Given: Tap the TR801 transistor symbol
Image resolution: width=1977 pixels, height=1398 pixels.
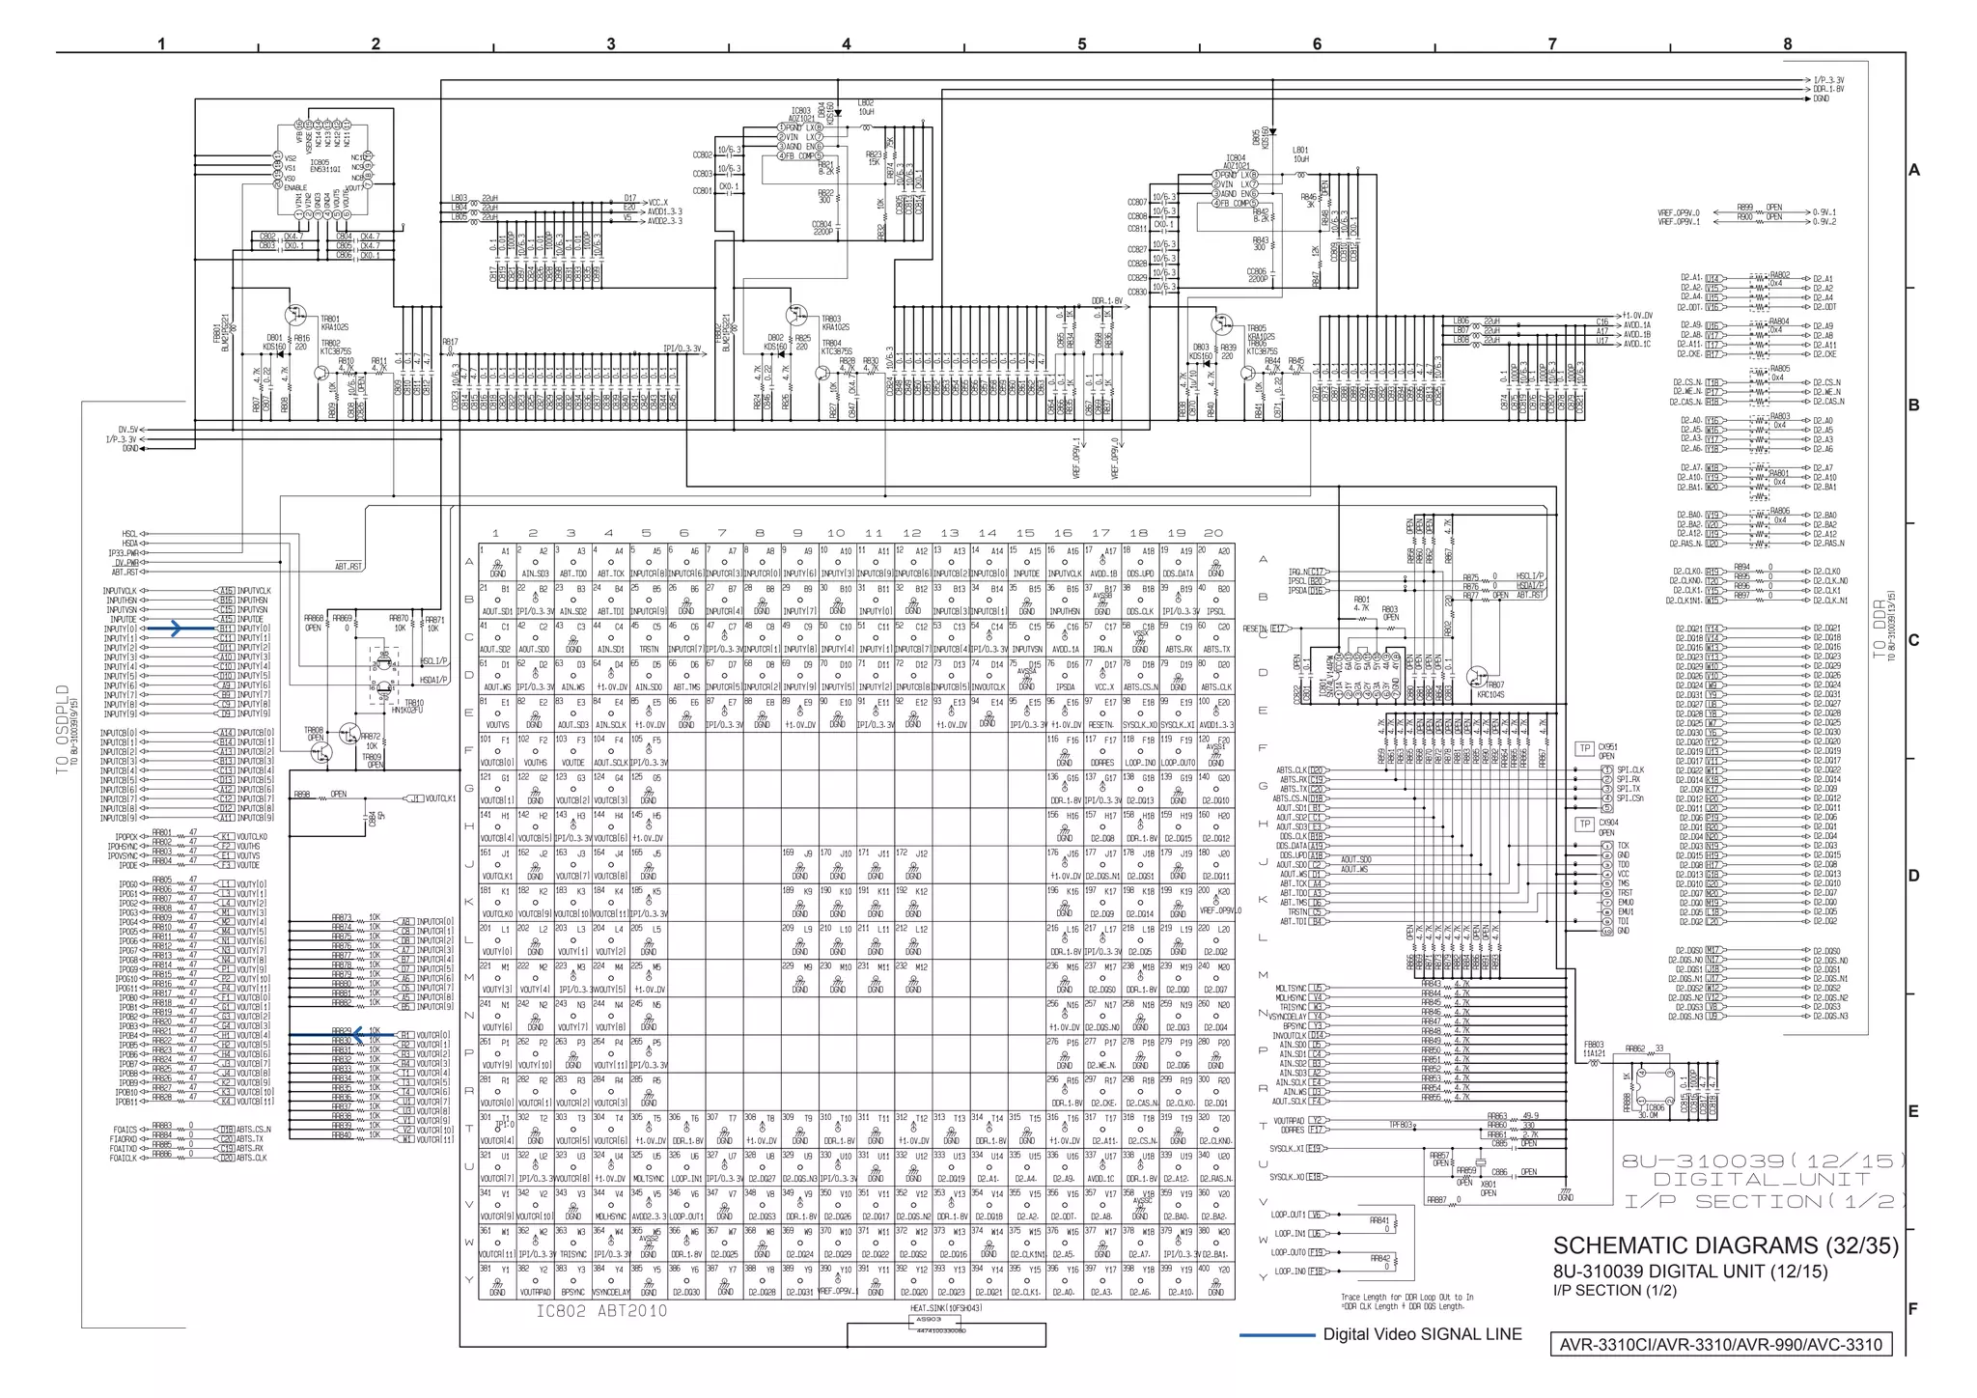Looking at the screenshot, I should (294, 315).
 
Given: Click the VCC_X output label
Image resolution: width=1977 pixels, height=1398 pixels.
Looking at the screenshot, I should (658, 202).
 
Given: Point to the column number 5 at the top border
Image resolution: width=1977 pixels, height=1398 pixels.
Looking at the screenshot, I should (1081, 43).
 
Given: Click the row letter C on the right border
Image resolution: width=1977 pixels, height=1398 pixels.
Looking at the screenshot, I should (1913, 641).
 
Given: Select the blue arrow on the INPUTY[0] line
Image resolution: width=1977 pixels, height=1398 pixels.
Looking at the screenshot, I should (174, 629).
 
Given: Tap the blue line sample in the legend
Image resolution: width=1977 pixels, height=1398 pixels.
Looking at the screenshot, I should (1276, 1335).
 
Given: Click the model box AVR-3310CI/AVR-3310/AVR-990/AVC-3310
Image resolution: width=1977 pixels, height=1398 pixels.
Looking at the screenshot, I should (1720, 1344).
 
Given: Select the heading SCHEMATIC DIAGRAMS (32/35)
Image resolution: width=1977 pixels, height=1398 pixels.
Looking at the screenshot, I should (1725, 1245).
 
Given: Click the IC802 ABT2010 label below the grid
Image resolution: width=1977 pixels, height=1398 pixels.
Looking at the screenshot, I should (601, 1311).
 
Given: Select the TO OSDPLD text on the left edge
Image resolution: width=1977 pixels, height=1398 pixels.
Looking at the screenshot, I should (64, 729).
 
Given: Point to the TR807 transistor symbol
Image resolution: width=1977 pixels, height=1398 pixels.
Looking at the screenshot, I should (1478, 677).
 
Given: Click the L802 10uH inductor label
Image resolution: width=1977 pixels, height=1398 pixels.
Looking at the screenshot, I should (865, 107).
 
